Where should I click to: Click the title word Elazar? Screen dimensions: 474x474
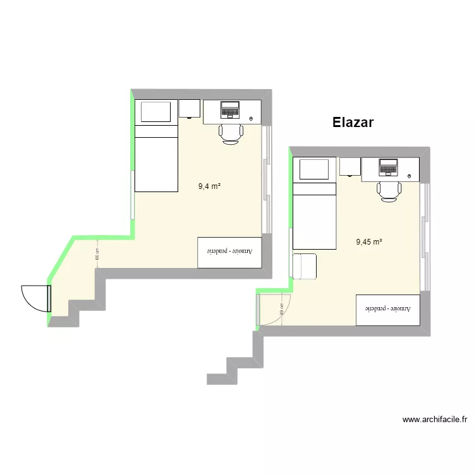click(x=353, y=123)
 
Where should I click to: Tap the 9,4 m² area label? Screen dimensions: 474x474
click(x=209, y=186)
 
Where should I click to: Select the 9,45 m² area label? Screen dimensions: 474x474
click(x=369, y=241)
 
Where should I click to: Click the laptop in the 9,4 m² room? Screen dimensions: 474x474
click(x=230, y=110)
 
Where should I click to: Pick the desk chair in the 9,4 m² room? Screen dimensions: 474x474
click(x=231, y=133)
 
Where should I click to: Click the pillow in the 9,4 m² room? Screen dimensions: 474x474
click(x=156, y=112)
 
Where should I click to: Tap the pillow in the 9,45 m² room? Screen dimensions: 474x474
click(x=315, y=169)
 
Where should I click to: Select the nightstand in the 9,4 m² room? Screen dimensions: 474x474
click(x=189, y=108)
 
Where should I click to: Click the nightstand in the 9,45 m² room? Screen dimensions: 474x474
click(x=349, y=166)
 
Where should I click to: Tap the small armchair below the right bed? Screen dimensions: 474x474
click(x=305, y=265)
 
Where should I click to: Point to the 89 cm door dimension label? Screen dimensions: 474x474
click(x=281, y=309)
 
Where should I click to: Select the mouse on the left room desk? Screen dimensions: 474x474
click(x=252, y=119)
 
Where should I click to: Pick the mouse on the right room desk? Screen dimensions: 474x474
click(x=410, y=176)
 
